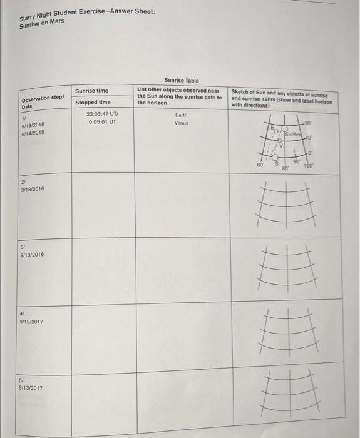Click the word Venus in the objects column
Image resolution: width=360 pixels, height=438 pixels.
click(181, 123)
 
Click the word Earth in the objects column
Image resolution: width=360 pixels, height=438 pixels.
click(181, 115)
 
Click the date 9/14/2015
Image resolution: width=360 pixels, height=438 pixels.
click(33, 133)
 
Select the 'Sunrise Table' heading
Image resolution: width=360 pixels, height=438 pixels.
click(181, 81)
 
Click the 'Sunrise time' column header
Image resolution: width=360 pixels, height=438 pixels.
click(91, 91)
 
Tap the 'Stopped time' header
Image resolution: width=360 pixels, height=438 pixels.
click(93, 102)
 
